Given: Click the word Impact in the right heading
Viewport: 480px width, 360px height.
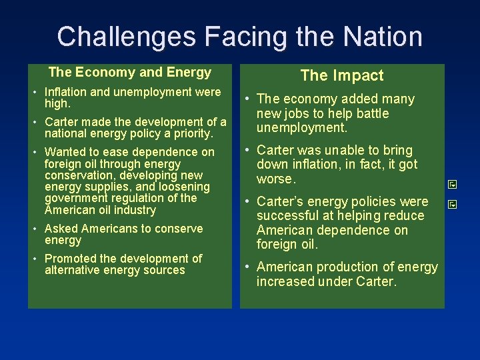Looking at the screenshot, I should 360,76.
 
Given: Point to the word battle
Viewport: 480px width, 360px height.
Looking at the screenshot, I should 370,113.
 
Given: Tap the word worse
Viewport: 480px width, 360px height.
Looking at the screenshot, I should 275,179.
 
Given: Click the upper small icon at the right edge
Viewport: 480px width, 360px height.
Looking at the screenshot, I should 451,183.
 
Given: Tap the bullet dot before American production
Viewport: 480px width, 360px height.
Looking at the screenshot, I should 247,267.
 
